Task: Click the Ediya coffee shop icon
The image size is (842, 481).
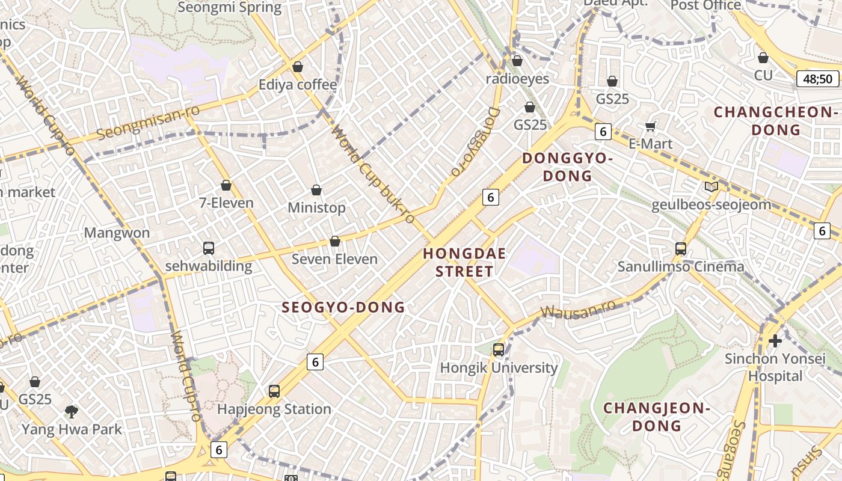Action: pos(297,67)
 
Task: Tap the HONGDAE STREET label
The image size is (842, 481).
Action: pos(464,262)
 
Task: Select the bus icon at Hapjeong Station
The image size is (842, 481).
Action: pos(274,391)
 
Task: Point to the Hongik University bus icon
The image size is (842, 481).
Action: pos(499,349)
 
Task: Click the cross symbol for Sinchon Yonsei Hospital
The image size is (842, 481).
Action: pos(775,341)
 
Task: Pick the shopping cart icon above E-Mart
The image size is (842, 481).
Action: pos(650,126)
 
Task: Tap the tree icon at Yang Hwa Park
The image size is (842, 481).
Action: pos(72,412)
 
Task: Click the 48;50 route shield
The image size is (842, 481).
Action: pos(817,79)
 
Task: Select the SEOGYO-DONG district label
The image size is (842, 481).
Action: pos(343,307)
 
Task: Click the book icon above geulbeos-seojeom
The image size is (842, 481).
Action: pos(711,186)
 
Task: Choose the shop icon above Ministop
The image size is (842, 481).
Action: pos(316,191)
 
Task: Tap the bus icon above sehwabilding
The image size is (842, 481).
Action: pos(209,248)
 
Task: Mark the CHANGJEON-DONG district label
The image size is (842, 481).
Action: pos(657,417)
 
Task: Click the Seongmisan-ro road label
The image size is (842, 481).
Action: pos(148,121)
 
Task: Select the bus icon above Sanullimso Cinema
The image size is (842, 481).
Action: pos(681,248)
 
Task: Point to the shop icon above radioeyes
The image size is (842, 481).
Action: pos(517,61)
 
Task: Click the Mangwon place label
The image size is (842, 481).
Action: pos(117,233)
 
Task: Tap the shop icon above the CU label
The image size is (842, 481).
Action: pos(763,58)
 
